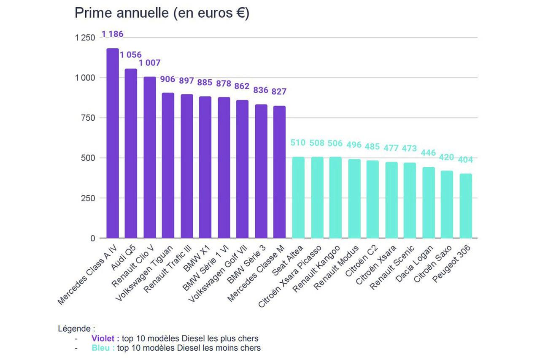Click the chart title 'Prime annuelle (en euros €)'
point(162,13)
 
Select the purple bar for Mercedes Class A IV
point(112,143)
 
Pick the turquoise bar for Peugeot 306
point(466,206)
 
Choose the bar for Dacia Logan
point(429,203)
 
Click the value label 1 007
point(150,63)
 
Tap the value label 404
point(466,160)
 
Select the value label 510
point(298,143)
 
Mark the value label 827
point(279,91)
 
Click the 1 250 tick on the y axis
point(86,38)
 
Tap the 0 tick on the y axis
point(92,238)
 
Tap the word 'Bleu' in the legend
point(103,348)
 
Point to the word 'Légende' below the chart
point(74,328)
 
